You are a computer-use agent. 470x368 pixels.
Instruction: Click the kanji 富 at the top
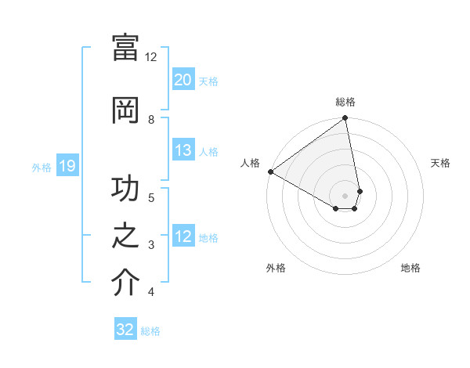click(x=125, y=48)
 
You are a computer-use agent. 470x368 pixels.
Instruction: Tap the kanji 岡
click(x=125, y=109)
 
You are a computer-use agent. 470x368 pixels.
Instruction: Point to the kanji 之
click(x=125, y=237)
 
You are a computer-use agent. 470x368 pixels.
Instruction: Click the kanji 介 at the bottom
click(x=125, y=283)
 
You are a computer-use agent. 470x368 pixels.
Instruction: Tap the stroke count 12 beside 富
click(x=151, y=57)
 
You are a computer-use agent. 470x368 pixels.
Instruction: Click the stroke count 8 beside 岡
click(x=151, y=119)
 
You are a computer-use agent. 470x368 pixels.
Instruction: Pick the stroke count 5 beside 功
click(x=151, y=197)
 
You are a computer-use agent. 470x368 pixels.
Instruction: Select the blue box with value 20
click(x=183, y=80)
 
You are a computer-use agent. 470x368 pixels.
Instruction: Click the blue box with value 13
click(x=183, y=151)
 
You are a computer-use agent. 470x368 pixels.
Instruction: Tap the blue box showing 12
click(x=183, y=237)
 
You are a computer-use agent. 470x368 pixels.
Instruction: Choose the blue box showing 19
click(x=67, y=166)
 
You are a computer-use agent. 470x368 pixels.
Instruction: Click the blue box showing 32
click(x=125, y=330)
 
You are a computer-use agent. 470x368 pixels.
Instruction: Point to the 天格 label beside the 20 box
click(x=208, y=81)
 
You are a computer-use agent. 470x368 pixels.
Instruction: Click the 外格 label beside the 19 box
click(x=42, y=167)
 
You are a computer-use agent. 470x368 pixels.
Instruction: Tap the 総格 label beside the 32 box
click(x=150, y=330)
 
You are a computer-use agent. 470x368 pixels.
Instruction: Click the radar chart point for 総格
click(x=345, y=118)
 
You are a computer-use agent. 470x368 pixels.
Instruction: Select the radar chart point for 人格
click(x=270, y=171)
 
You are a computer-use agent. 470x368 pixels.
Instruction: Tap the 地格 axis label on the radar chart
click(x=410, y=268)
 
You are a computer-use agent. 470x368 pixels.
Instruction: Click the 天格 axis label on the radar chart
click(x=440, y=163)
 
